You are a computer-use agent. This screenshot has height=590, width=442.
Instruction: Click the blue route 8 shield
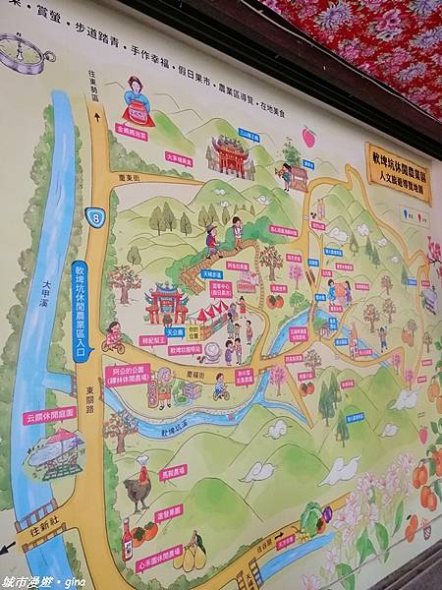pos(94,217)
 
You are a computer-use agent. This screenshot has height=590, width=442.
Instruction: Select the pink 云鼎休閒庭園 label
pos(49,415)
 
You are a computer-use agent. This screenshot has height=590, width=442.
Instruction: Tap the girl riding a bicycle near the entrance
pos(114,337)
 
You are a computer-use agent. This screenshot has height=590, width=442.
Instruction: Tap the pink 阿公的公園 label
pos(128,375)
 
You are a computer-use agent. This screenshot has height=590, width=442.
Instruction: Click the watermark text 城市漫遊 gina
pos(44,581)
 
